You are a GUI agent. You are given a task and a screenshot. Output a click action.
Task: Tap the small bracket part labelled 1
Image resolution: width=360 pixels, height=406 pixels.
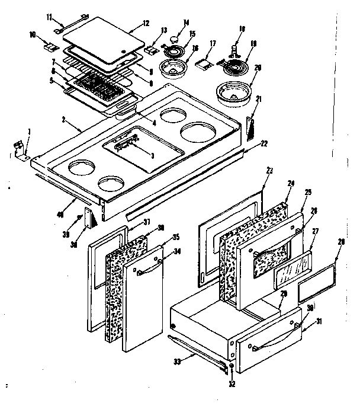[x=20, y=149]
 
